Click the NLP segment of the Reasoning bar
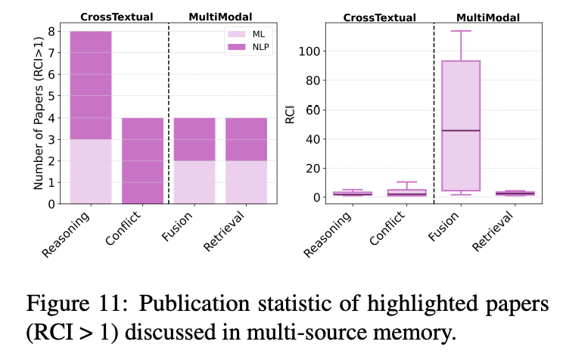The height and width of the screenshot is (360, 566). (x=91, y=85)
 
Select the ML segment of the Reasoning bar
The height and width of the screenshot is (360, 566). (x=91, y=171)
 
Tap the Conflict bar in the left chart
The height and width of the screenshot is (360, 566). (x=143, y=160)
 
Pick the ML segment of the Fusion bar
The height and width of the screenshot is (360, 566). (x=194, y=182)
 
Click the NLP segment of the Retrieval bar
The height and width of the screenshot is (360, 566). (x=247, y=138)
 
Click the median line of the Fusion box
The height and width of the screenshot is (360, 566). (x=461, y=131)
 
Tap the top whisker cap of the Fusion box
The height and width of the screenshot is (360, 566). (x=461, y=31)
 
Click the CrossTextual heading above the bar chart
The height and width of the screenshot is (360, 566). (x=117, y=16)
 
